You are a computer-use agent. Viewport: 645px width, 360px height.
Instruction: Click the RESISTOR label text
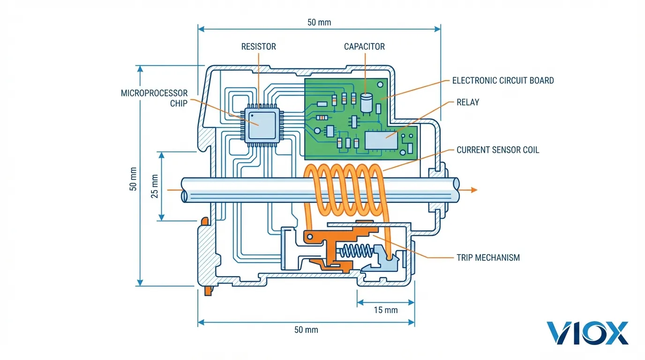258,46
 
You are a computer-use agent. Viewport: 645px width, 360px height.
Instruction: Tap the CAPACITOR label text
364,46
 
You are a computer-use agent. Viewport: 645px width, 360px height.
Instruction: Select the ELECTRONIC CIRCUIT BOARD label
502,81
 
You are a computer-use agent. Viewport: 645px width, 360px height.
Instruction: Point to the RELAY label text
468,102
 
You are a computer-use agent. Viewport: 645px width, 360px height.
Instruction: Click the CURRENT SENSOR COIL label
498,150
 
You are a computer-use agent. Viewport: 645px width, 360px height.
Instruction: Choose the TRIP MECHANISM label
488,257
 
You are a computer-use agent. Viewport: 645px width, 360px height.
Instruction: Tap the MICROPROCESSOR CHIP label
154,98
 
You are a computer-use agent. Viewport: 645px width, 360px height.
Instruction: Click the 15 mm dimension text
386,310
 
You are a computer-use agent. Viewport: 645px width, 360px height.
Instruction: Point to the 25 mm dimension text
154,186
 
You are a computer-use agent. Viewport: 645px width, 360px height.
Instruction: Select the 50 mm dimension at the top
319,22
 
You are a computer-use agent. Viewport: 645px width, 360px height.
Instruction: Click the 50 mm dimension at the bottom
306,330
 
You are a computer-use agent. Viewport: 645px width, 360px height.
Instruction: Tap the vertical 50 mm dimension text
133,179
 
